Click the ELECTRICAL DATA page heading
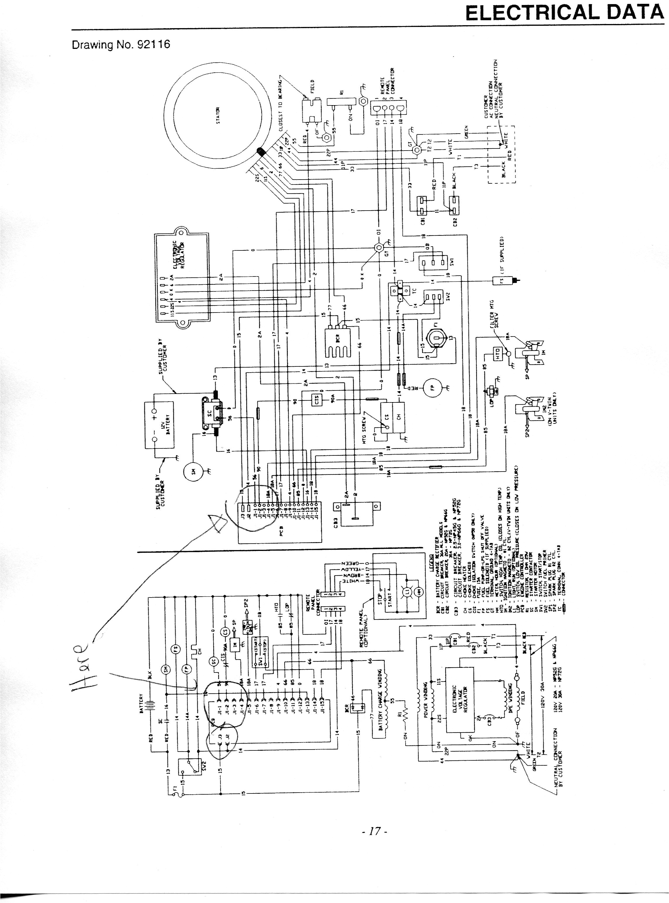(564, 13)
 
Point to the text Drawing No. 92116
(121, 45)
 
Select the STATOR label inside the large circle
(218, 115)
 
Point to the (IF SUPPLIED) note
(501, 256)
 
